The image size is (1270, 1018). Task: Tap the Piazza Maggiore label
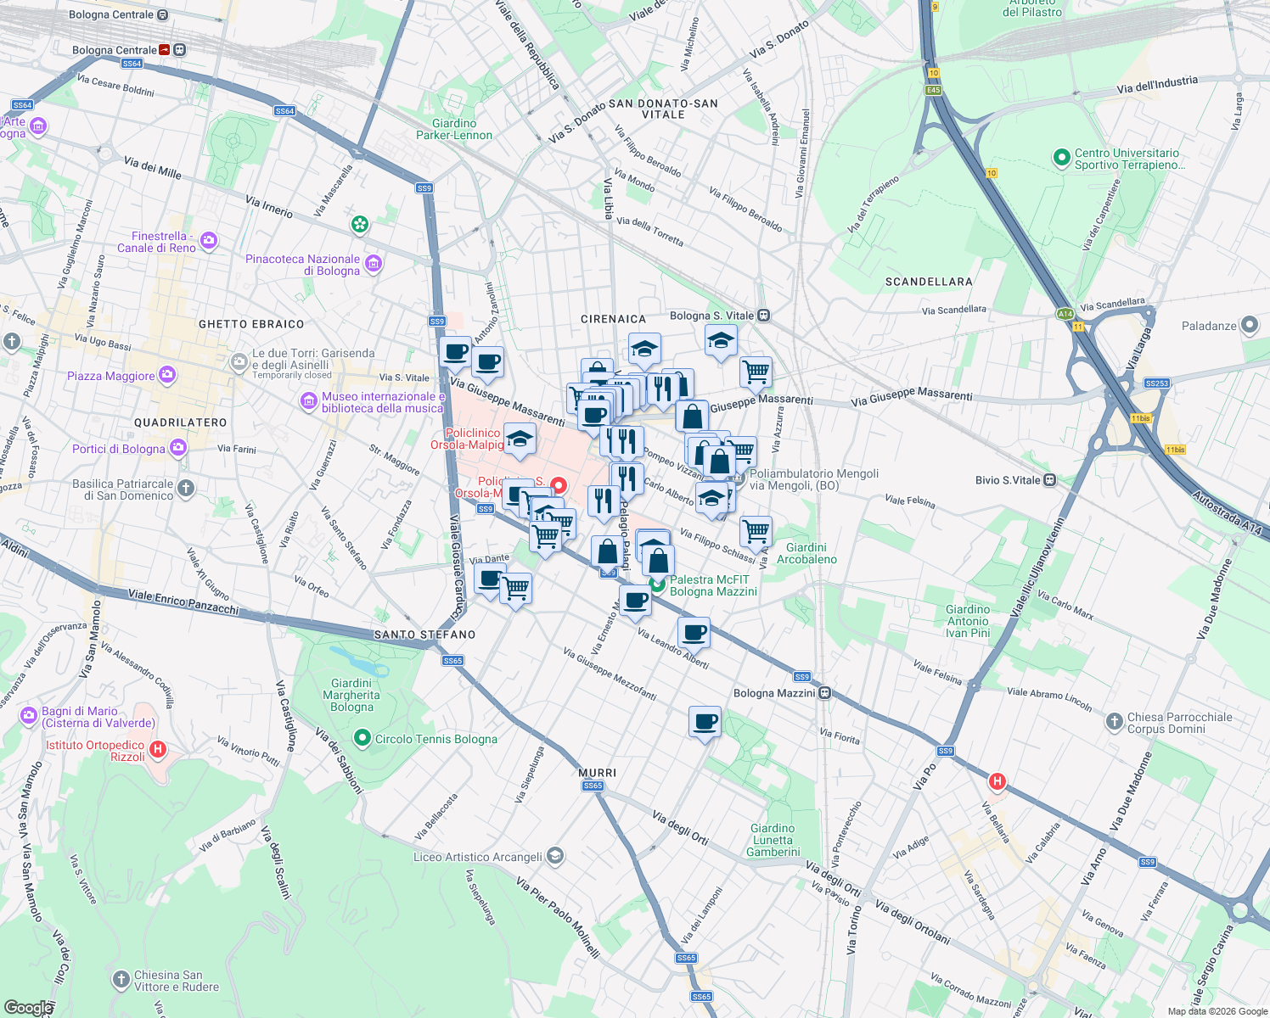pos(111,376)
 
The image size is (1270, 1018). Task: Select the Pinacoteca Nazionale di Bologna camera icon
pos(373,265)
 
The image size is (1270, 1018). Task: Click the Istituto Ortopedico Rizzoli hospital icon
pos(157,750)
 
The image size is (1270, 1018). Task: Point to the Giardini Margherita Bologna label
pos(351,695)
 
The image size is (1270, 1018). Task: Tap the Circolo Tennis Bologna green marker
pos(362,738)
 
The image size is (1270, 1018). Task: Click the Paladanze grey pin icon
pos(1249,325)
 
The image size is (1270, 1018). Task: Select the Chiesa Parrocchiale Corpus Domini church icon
pos(1114,722)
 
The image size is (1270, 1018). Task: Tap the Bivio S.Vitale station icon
pos(1050,480)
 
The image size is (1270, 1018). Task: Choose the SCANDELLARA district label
pos(929,282)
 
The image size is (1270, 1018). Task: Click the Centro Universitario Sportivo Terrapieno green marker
pos(1060,158)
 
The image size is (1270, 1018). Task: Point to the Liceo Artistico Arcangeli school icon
pos(554,856)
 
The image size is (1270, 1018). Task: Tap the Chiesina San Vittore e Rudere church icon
pos(121,981)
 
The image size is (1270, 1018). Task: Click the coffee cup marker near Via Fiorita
pos(705,723)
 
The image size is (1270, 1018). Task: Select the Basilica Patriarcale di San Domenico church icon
pos(186,489)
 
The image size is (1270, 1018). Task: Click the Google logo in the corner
pos(28,1007)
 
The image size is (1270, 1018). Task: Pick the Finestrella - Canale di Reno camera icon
pos(209,242)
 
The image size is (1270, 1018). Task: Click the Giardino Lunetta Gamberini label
pos(773,840)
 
